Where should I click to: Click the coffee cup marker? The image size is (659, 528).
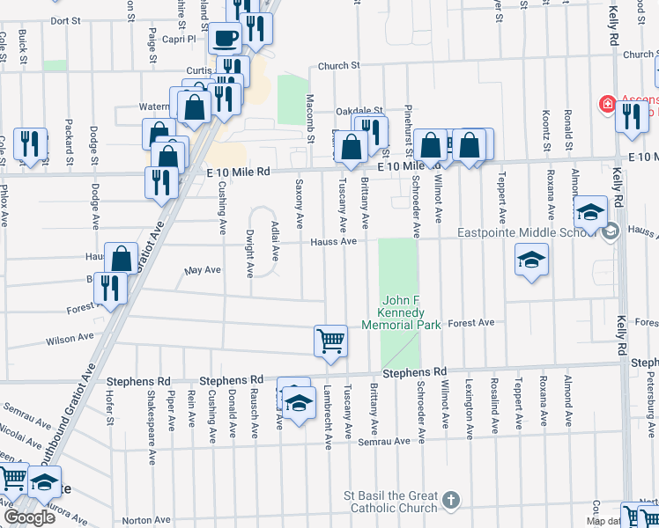[x=225, y=39]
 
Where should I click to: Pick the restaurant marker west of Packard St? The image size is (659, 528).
[x=32, y=144]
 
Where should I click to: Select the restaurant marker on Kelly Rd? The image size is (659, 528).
[x=632, y=116]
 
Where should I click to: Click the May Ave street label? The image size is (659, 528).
[x=203, y=271]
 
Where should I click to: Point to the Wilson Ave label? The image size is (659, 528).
[x=70, y=338]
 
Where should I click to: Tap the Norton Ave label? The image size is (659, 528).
[x=145, y=520]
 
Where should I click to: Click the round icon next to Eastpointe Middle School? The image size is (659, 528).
[x=610, y=232]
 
